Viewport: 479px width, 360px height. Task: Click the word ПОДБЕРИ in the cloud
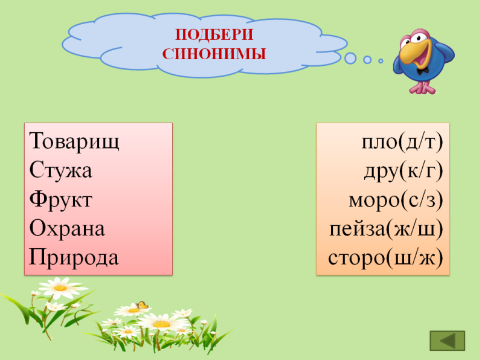tap(214, 34)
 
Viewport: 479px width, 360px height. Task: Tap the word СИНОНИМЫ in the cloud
tap(214, 54)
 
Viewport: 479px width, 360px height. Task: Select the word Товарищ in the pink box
tap(74, 141)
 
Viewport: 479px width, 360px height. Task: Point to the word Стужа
tap(60, 170)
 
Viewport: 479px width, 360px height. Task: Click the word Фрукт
tap(61, 199)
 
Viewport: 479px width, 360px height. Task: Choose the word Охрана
tap(67, 228)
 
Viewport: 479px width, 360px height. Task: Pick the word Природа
tap(74, 257)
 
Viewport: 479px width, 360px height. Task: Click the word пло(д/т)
tap(402, 142)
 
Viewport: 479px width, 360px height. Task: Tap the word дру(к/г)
tap(403, 171)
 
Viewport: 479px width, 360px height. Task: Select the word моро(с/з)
tap(396, 200)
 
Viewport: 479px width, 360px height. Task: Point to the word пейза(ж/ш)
tap(386, 229)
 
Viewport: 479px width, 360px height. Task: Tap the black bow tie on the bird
tap(422, 71)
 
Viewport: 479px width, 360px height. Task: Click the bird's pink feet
tap(422, 88)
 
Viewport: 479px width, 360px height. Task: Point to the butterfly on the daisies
tap(142, 304)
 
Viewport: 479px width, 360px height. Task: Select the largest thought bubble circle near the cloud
tap(350, 58)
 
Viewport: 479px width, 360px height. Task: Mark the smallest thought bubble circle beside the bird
tap(381, 61)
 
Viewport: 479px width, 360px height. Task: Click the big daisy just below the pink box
tap(60, 288)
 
